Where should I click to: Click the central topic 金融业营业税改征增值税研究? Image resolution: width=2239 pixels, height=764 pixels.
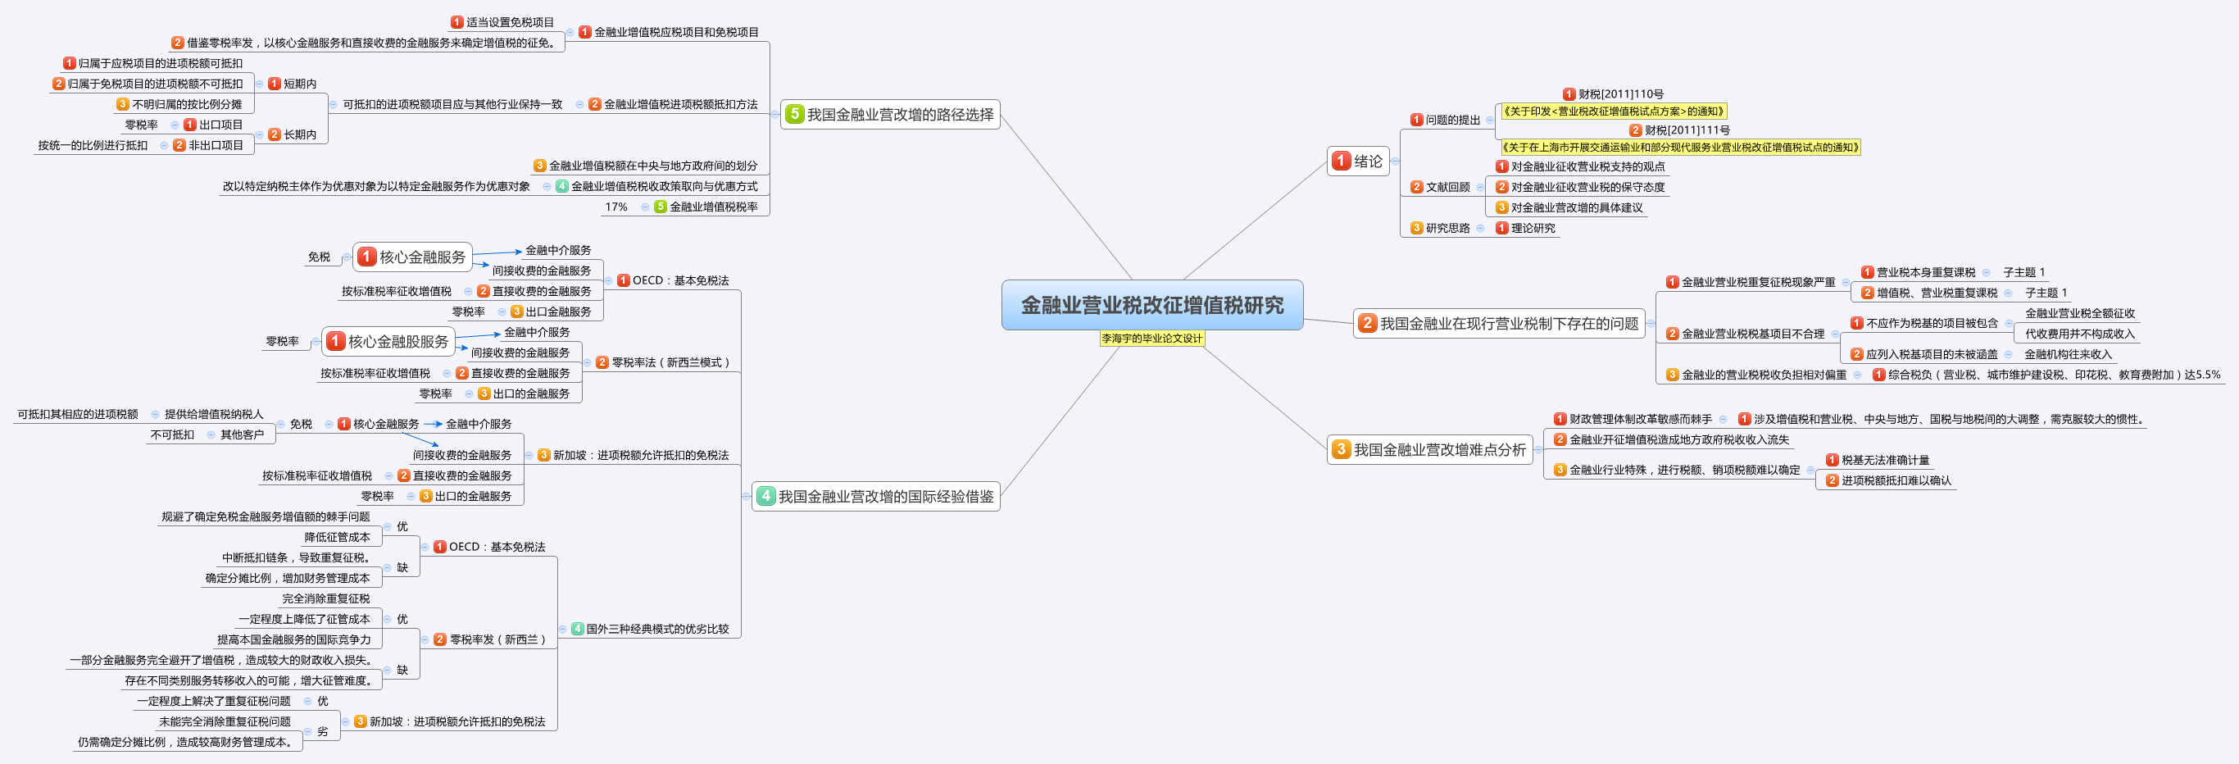[x=1151, y=305]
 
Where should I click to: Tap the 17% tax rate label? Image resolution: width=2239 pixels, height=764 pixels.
[x=616, y=207]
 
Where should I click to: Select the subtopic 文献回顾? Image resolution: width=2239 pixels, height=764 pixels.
[x=1447, y=187]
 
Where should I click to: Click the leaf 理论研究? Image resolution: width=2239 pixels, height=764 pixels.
[x=1533, y=228]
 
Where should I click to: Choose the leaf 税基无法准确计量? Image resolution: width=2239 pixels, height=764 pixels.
[x=1884, y=460]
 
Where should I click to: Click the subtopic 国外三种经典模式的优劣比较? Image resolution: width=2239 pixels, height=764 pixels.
[x=657, y=629]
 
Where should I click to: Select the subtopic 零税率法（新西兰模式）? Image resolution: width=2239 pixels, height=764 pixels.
[x=671, y=362]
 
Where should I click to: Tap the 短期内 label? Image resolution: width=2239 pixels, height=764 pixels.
[x=299, y=84]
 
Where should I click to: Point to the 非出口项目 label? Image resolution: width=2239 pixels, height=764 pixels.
[x=216, y=145]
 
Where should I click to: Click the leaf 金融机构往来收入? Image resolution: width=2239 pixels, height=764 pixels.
[x=2067, y=354]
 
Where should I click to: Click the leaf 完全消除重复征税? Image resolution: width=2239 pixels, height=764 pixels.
[x=326, y=598]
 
